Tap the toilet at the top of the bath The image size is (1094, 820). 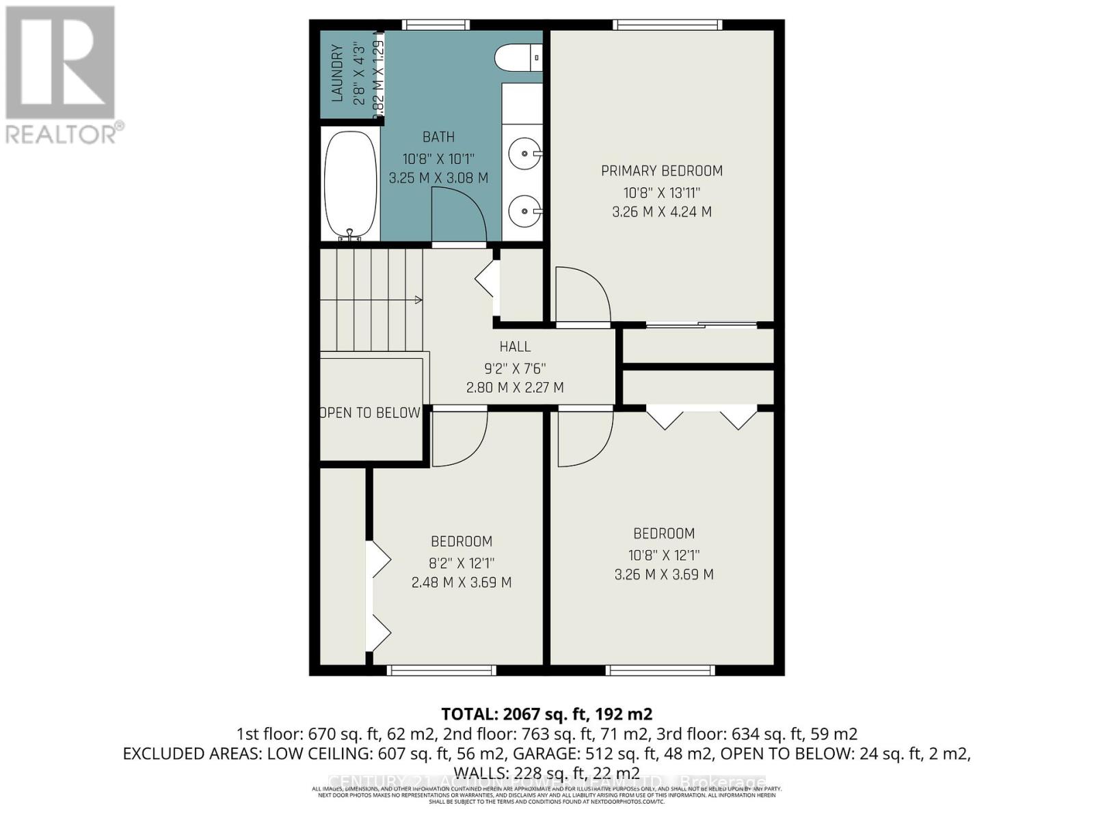[x=518, y=58]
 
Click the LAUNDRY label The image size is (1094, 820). [x=336, y=73]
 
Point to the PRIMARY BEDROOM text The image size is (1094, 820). [x=661, y=171]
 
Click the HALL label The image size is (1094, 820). [x=515, y=346]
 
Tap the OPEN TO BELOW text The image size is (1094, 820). [x=370, y=413]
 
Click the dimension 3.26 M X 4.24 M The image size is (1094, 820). [x=661, y=212]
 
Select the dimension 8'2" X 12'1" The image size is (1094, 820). [x=462, y=564]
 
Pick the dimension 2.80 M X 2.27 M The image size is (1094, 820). [x=515, y=387]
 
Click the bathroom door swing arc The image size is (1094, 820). [x=459, y=215]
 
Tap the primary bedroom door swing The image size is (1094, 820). [x=582, y=294]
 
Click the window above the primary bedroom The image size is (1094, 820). [x=667, y=25]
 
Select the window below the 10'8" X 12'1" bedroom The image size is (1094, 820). [x=661, y=670]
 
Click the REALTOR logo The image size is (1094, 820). [x=62, y=75]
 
